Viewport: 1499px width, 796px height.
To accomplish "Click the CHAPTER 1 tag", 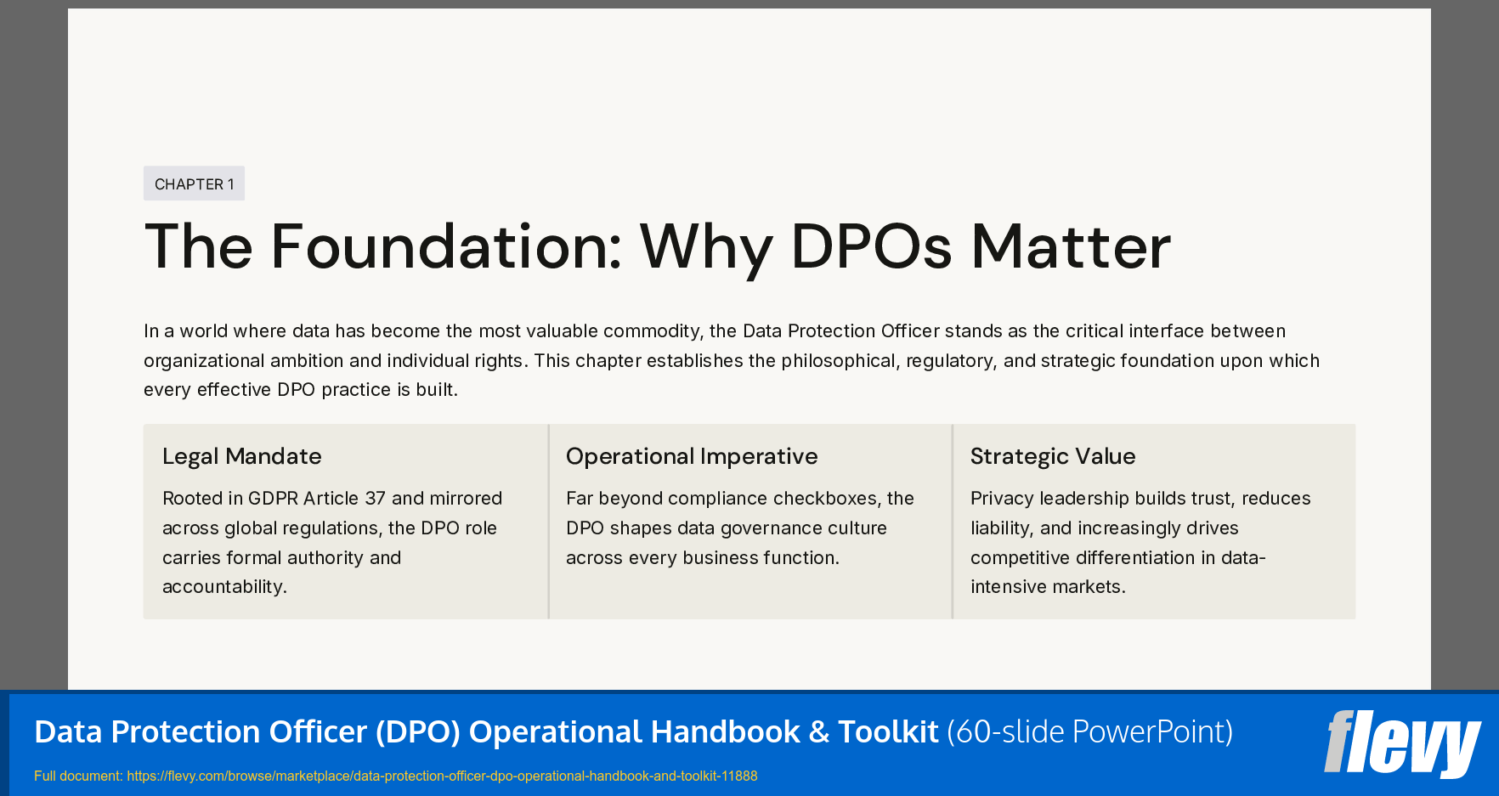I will (x=194, y=183).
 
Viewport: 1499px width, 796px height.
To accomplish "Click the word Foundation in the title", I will (x=446, y=246).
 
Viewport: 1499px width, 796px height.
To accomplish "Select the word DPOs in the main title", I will (x=871, y=246).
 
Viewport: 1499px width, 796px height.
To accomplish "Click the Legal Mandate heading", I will (x=241, y=456).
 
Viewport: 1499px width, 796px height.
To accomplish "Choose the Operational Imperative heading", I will (x=691, y=456).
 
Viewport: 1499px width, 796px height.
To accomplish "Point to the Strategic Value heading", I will (x=1052, y=456).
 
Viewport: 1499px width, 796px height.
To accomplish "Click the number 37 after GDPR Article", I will (x=375, y=499).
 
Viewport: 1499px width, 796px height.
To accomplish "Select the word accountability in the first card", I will (x=224, y=587).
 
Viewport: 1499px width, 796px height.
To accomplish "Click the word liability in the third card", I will (x=1001, y=528).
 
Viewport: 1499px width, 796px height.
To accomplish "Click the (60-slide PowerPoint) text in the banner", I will (x=1089, y=731).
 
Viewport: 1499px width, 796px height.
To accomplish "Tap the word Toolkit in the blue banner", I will (x=888, y=731).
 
